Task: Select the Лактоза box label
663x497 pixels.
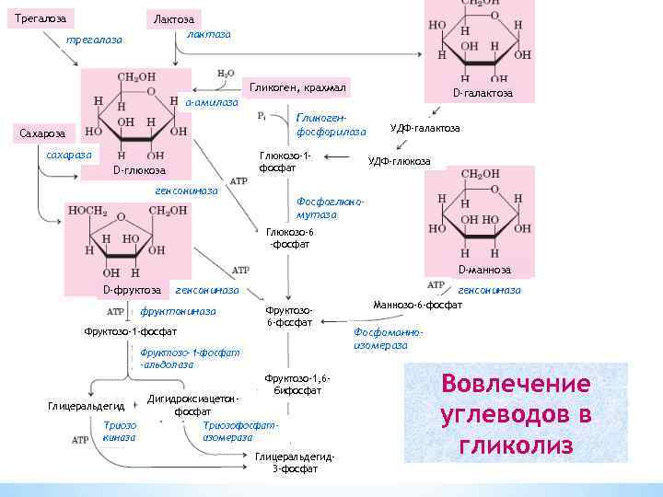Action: coord(173,18)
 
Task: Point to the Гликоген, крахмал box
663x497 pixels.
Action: coord(293,87)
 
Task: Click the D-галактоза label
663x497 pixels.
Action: coord(483,93)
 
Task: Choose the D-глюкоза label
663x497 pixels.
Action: coord(139,170)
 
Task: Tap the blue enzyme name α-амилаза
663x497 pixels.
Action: coord(212,102)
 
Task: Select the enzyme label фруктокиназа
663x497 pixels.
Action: coord(178,311)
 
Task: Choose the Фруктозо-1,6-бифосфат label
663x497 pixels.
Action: coord(297,385)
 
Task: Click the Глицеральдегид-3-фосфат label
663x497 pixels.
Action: coord(295,462)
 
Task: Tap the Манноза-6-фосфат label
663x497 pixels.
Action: coord(417,304)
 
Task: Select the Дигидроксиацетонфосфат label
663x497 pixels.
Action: coord(193,405)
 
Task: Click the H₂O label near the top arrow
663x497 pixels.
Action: coord(226,72)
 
